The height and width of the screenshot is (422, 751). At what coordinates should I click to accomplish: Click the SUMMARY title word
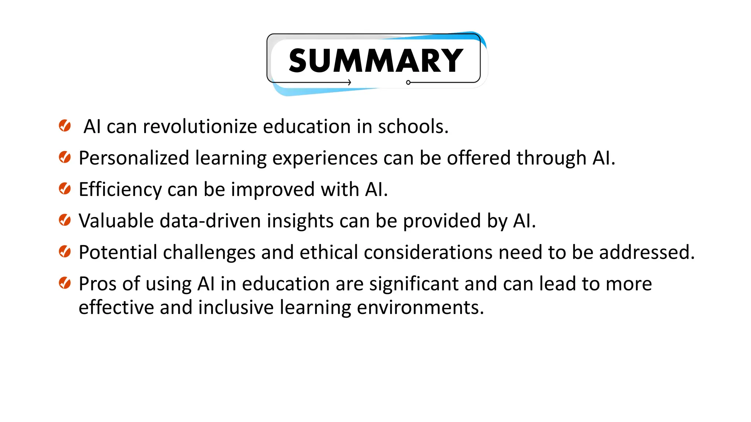pyautogui.click(x=376, y=61)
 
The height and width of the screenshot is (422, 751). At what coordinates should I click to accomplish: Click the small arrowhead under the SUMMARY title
pyautogui.click(x=349, y=82)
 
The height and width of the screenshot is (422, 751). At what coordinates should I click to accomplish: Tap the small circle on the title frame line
pyautogui.click(x=408, y=82)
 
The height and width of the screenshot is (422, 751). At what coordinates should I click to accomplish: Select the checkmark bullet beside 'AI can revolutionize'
pyautogui.click(x=65, y=126)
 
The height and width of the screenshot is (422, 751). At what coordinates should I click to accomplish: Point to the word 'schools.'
pyautogui.click(x=413, y=127)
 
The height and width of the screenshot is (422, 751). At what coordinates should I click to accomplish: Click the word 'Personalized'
pyautogui.click(x=134, y=158)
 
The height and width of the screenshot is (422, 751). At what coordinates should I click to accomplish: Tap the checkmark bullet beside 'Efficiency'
pyautogui.click(x=65, y=189)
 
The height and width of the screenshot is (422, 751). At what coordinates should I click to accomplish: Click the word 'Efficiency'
pyautogui.click(x=120, y=190)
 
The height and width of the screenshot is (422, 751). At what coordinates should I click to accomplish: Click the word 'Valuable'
pyautogui.click(x=116, y=221)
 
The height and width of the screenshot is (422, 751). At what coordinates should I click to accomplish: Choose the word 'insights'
pyautogui.click(x=300, y=221)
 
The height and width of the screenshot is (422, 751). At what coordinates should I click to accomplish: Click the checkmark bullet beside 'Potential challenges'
pyautogui.click(x=65, y=252)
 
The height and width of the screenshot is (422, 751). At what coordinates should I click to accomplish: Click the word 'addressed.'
pyautogui.click(x=647, y=252)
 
